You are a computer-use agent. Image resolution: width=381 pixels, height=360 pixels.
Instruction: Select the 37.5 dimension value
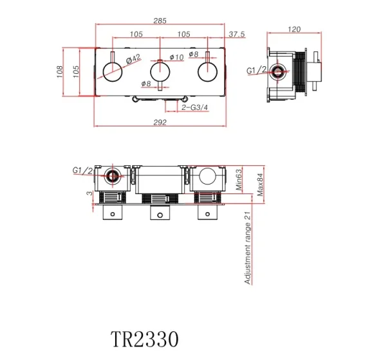(237, 35)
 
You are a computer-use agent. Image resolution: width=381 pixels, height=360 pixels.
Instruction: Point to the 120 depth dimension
(294, 30)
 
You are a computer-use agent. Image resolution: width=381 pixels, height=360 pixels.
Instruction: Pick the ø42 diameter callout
(133, 59)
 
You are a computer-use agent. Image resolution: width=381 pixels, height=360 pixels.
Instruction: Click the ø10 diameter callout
(177, 57)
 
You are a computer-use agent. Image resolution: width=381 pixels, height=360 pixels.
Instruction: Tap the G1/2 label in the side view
(257, 71)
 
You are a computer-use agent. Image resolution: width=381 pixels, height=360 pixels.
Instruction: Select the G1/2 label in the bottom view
(82, 170)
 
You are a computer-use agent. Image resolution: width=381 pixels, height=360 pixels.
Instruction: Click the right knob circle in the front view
(206, 71)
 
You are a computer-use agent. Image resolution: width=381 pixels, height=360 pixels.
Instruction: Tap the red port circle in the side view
(279, 71)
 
